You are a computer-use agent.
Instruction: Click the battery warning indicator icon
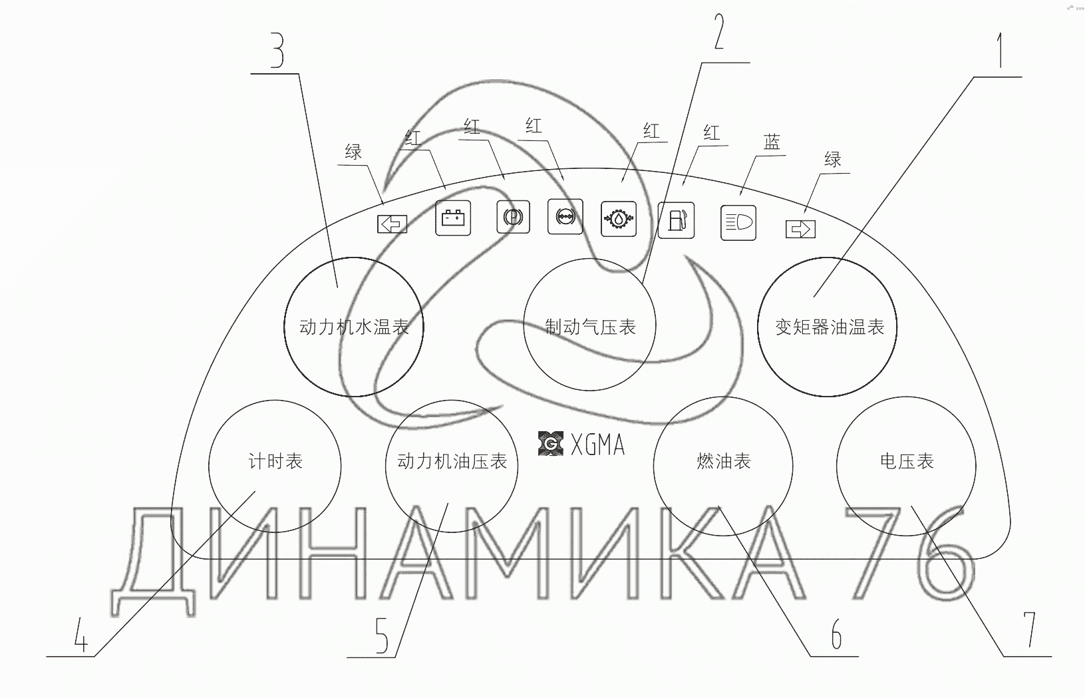(453, 218)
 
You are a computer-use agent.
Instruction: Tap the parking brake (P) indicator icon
(513, 216)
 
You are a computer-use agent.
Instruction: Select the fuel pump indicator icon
(676, 220)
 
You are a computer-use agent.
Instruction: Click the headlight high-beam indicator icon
(738, 222)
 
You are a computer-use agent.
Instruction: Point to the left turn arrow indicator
(392, 224)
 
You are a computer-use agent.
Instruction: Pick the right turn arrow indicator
(800, 229)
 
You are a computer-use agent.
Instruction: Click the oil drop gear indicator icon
(618, 218)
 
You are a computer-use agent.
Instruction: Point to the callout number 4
(80, 635)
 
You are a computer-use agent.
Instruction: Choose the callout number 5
(381, 635)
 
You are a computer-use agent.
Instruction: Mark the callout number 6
(836, 635)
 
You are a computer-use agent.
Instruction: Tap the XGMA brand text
(597, 444)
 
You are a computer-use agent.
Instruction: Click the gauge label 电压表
(907, 461)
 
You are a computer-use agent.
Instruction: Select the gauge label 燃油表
(723, 461)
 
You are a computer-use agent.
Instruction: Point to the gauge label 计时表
(275, 461)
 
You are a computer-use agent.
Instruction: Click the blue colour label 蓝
(772, 142)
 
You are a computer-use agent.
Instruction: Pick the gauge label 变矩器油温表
(830, 327)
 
